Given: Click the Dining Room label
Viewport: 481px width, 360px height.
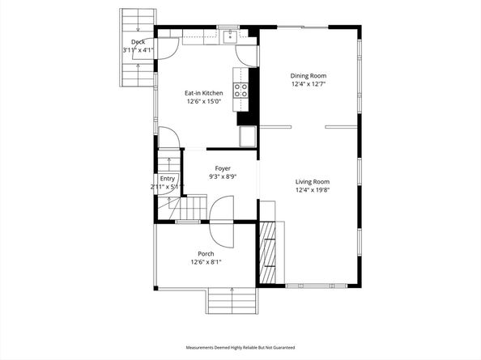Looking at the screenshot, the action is pos(309,76).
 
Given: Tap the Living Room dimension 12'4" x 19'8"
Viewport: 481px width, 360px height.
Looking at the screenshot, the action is pos(313,190).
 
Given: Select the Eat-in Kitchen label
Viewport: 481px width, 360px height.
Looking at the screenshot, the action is pos(204,93).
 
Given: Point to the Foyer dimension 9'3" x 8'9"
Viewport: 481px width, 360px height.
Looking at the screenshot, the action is pos(223,176).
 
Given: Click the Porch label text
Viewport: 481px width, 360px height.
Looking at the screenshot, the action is pos(206,254).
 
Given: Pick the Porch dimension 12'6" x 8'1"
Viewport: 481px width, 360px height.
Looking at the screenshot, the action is pos(206,262).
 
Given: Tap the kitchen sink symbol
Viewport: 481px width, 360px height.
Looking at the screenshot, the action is pos(230,36).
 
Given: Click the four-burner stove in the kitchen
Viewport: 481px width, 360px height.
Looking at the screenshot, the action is pos(240,91).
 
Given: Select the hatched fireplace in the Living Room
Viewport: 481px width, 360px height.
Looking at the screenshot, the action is pos(267,252).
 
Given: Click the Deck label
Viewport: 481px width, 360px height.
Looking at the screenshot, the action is pos(138,42).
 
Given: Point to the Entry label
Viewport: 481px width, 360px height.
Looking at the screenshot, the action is pos(167,179).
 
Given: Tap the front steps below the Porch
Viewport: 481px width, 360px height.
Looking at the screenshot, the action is pos(232,301).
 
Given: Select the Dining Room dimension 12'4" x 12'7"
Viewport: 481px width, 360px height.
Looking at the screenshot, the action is pos(309,84).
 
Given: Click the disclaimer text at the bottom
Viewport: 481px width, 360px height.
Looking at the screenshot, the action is pos(240,347).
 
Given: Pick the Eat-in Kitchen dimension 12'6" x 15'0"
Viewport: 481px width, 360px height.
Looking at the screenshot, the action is pos(204,101).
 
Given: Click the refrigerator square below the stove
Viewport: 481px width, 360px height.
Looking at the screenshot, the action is pos(248,137).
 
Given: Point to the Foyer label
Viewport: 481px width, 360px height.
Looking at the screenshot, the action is pos(223,168).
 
